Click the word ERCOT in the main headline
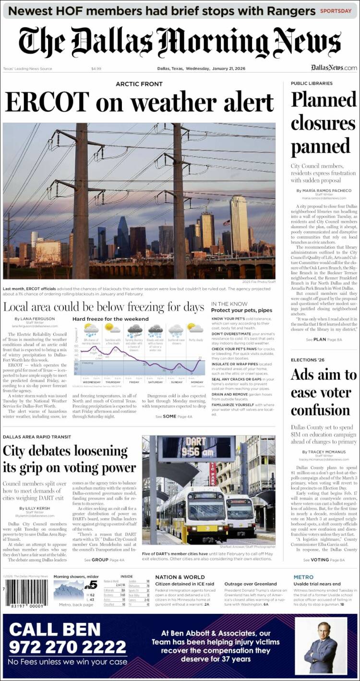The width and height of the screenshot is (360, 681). pyautogui.click(x=47, y=102)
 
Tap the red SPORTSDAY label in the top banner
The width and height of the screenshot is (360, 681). pyautogui.click(x=336, y=11)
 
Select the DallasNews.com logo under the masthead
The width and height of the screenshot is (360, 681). pyautogui.click(x=334, y=68)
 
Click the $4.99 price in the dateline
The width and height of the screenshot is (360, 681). pyautogui.click(x=96, y=69)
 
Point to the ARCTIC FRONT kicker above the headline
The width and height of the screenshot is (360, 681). pyautogui.click(x=139, y=84)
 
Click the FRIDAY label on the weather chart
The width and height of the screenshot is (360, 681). pyautogui.click(x=134, y=382)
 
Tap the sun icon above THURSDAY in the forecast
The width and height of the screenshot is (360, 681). pyautogui.click(x=113, y=328)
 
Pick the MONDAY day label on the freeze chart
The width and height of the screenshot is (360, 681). pyautogui.click(x=197, y=382)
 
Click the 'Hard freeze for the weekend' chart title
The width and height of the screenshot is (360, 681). pyautogui.click(x=110, y=319)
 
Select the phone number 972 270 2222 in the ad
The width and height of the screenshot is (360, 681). pyautogui.click(x=67, y=647)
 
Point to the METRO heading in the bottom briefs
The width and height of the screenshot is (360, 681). pyautogui.click(x=303, y=577)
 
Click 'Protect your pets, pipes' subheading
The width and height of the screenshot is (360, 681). pyautogui.click(x=241, y=310)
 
